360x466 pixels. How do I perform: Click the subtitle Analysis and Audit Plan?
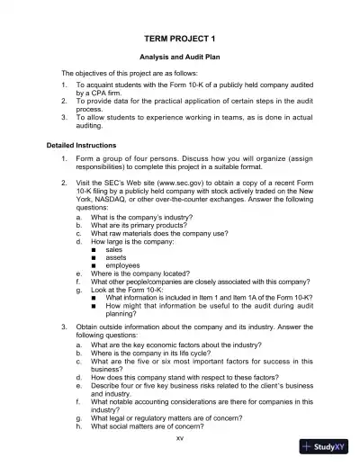(179, 57)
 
